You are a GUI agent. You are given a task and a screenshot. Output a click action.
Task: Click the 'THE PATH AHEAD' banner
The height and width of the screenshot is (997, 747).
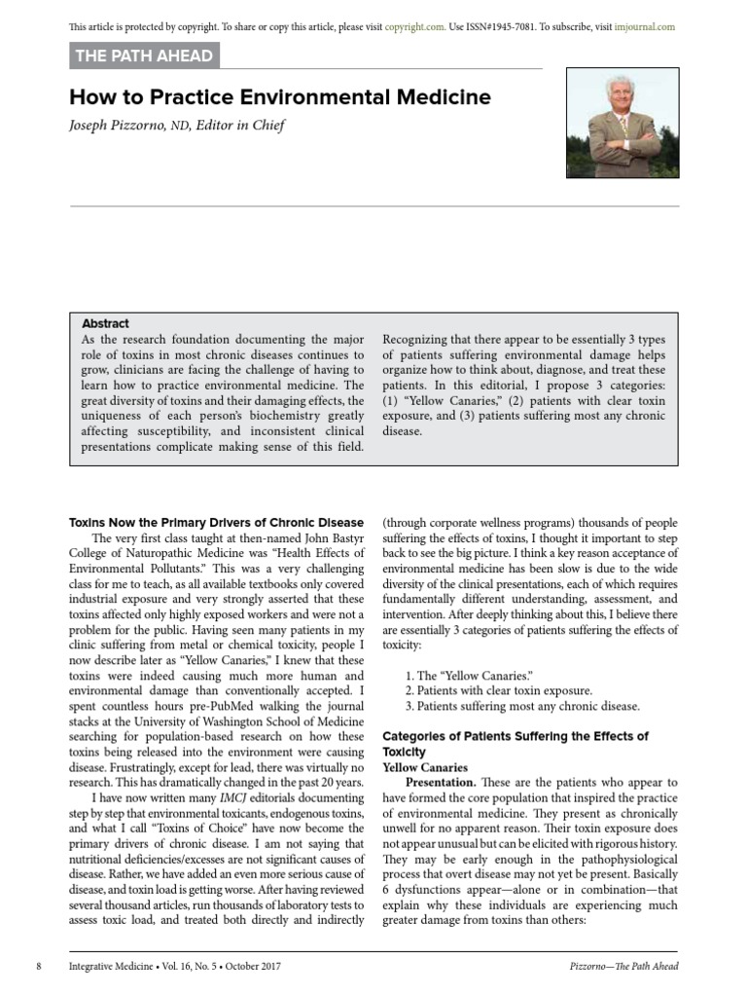[145, 56]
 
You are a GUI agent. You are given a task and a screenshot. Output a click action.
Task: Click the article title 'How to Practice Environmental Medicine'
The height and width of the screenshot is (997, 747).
[280, 97]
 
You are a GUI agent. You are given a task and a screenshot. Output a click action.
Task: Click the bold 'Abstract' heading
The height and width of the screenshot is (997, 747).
[105, 323]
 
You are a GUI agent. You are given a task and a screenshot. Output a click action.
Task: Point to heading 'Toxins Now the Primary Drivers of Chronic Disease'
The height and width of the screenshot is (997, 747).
[217, 523]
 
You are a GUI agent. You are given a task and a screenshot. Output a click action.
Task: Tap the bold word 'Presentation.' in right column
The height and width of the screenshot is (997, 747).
[441, 782]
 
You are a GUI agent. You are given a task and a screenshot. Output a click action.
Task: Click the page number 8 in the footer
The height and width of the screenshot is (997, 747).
[38, 966]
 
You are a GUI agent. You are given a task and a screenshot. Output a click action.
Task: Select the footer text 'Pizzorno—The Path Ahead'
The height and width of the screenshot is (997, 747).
[623, 966]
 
